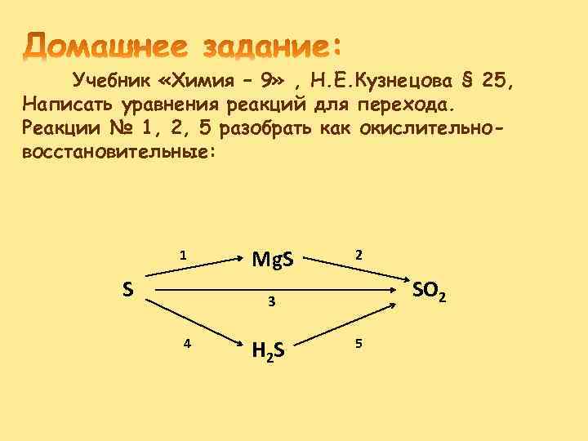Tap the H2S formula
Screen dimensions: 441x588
point(268,350)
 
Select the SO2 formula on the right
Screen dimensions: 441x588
point(429,290)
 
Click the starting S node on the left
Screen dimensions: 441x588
point(128,289)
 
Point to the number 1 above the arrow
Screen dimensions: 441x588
point(184,255)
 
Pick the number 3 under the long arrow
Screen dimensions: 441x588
point(272,303)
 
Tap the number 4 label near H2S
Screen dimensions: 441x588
point(188,343)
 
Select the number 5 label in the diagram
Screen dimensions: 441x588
point(357,343)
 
